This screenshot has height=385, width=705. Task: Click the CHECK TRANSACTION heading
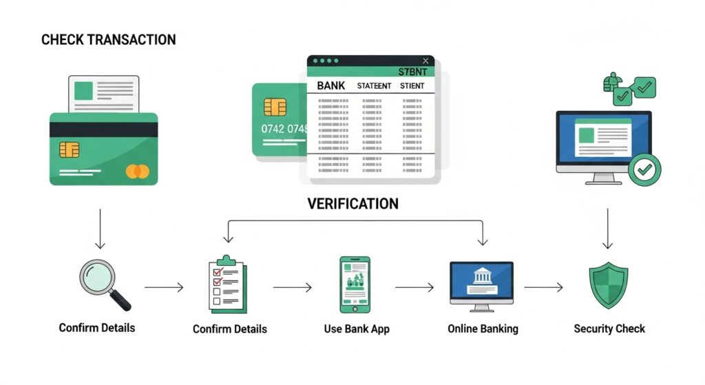109,39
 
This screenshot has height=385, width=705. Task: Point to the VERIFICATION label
352,204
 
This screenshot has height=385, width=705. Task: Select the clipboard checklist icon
224,284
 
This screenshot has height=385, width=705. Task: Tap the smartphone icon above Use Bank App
355,284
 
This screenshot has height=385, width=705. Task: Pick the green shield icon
609,284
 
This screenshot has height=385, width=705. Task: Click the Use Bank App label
357,329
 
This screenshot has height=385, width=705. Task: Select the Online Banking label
483,329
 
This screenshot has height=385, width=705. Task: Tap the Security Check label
609,329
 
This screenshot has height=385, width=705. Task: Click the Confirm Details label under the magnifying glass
97,327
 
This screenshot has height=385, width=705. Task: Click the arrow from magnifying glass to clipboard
164,287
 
